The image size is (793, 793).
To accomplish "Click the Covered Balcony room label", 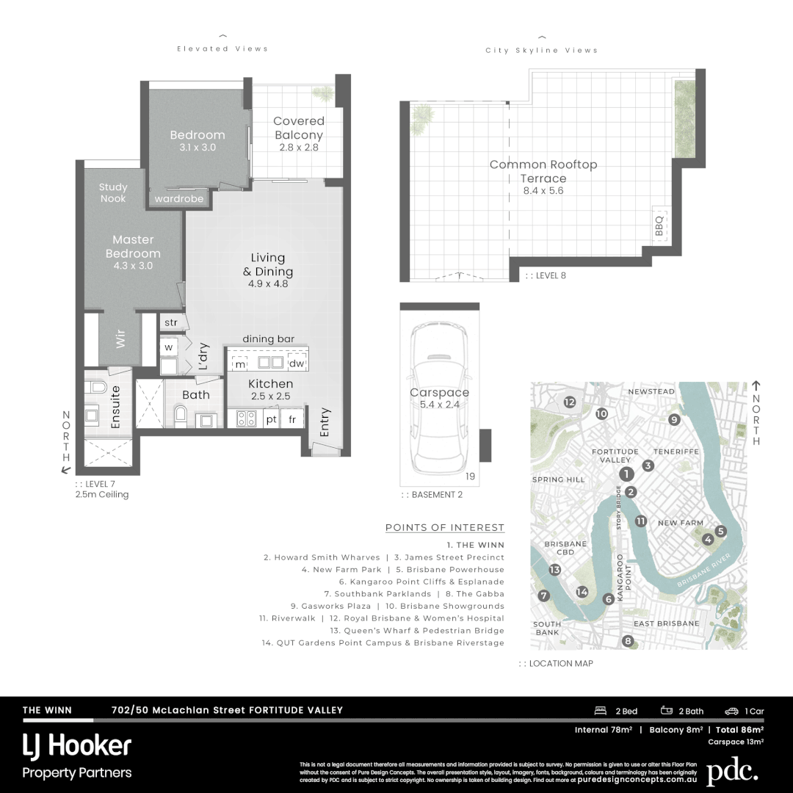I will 298,128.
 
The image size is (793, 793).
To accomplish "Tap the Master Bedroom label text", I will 133,247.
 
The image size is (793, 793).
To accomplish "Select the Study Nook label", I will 113,193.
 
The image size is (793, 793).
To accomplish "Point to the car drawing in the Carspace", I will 439,400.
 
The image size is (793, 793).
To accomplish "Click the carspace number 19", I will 470,477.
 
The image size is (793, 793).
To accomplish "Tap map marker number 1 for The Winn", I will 626,474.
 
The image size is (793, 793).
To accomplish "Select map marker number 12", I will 570,402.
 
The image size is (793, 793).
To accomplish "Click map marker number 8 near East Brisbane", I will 627,641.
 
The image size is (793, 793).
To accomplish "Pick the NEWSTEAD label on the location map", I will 651,392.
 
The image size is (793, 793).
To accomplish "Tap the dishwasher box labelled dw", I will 296,363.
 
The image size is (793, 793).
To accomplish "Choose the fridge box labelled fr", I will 292,419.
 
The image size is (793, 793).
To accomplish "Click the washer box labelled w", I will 168,347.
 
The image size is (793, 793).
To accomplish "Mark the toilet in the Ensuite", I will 97,387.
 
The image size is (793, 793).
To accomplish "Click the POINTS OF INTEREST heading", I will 444,527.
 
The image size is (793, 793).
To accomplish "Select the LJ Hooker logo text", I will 77,746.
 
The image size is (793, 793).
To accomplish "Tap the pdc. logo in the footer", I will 732,772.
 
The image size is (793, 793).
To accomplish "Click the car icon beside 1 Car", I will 731,711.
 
